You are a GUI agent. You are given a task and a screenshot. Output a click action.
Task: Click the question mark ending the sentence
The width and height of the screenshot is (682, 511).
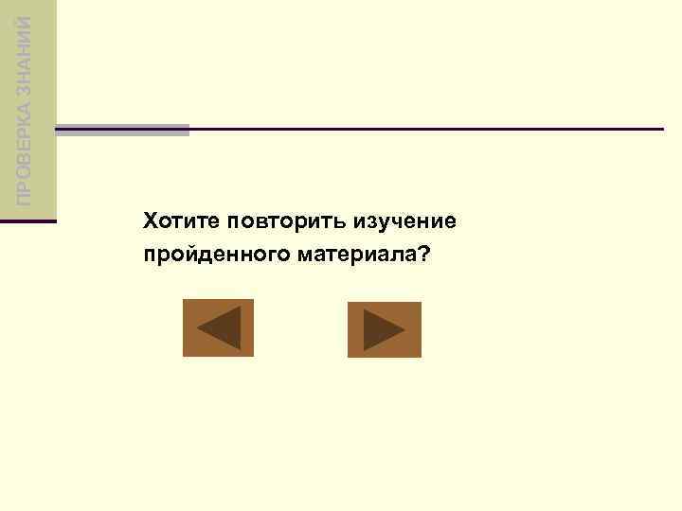click(x=421, y=255)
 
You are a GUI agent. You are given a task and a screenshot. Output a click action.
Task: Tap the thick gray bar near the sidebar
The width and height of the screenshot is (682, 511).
click(x=122, y=130)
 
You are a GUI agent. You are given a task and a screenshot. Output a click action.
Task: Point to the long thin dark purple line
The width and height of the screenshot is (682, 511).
click(x=426, y=129)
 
